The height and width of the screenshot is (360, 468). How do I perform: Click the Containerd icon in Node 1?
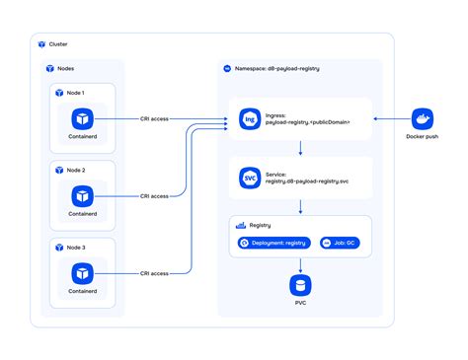(x=84, y=118)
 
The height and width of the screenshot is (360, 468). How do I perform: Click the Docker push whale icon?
(x=422, y=119)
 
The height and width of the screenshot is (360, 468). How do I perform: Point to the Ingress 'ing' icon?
(x=249, y=119)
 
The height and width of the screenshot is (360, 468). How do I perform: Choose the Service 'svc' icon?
(x=249, y=179)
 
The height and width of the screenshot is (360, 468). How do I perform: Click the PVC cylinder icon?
(x=301, y=286)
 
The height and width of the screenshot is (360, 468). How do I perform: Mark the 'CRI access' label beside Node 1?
(x=154, y=119)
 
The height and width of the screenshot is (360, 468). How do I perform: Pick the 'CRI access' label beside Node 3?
(x=154, y=273)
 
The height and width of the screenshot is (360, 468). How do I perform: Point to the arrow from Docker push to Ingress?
(x=390, y=119)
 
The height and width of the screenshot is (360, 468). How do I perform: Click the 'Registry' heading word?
(x=260, y=225)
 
